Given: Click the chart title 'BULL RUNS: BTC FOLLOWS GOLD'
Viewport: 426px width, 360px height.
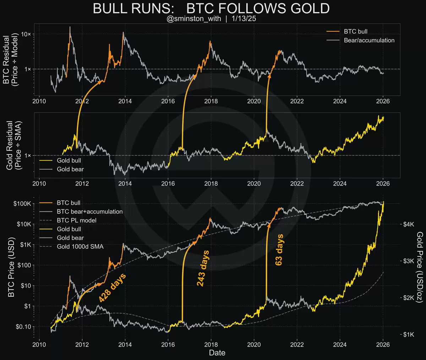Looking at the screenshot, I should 211,9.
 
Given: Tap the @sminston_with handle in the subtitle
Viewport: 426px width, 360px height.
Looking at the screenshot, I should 193,19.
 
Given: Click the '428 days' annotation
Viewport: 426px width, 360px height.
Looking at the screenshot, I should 112,288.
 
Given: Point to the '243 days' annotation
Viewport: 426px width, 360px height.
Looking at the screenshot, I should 203,268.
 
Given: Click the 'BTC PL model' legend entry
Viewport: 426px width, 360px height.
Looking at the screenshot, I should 76,220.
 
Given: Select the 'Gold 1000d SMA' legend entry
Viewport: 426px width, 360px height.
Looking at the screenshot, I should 80,246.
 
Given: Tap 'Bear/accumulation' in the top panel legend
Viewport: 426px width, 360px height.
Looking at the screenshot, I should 369,40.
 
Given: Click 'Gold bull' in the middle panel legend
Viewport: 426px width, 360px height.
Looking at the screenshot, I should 69,160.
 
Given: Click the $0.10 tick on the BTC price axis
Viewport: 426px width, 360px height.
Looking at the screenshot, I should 23,327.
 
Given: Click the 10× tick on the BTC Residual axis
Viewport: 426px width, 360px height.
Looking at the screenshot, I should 26,34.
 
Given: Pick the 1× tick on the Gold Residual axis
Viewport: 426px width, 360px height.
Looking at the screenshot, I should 28,155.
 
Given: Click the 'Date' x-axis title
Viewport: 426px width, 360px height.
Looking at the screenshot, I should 217,353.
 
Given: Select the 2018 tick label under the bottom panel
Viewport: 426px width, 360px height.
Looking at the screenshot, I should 211,344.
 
